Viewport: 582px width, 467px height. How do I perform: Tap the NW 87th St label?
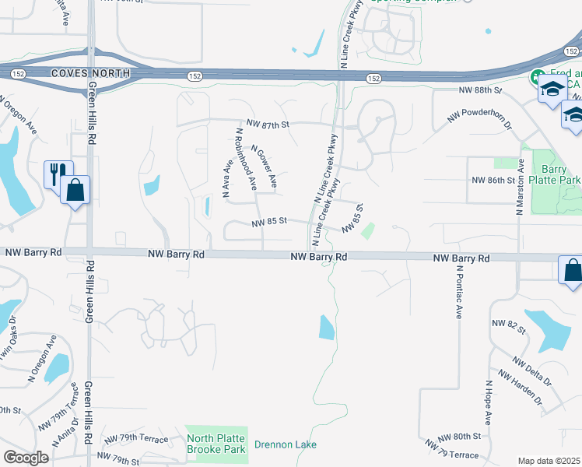tap(268, 124)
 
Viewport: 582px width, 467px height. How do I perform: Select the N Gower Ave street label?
tap(264, 167)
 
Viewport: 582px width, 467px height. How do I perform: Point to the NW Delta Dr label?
tap(532, 371)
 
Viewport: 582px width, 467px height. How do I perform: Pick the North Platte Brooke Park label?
tap(216, 444)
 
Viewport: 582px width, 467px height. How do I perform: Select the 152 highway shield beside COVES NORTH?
tap(16, 73)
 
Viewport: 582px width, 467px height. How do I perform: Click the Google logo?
tap(26, 458)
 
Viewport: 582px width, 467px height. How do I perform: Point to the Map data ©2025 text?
tap(549, 461)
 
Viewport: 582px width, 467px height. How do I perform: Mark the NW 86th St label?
tap(494, 180)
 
